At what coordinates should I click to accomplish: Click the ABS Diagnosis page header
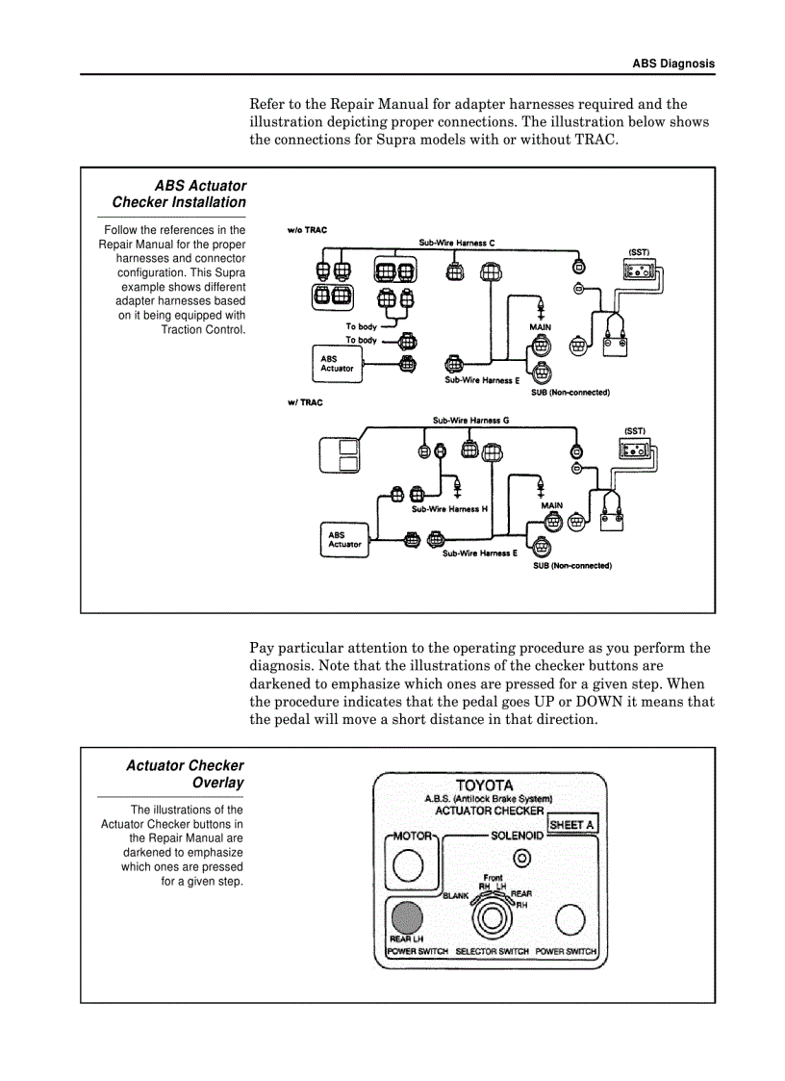click(x=672, y=64)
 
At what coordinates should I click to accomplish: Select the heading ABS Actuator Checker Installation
click(x=179, y=193)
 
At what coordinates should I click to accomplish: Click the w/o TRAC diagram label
click(x=305, y=231)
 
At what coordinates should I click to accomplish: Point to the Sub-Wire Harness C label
click(x=457, y=244)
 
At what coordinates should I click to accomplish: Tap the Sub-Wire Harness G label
click(x=470, y=421)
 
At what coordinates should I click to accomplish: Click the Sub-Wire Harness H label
click(x=449, y=508)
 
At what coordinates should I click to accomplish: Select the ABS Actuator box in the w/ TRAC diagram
click(x=344, y=540)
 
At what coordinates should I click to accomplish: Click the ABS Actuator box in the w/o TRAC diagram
click(x=337, y=364)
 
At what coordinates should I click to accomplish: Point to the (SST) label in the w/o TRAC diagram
click(x=639, y=252)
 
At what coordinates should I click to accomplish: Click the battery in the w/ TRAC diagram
click(x=610, y=520)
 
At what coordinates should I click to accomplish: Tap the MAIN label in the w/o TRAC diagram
click(x=540, y=327)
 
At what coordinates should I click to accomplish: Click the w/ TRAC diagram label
click(x=305, y=402)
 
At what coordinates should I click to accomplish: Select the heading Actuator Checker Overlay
click(x=185, y=774)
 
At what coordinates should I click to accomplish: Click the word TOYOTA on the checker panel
click(x=484, y=785)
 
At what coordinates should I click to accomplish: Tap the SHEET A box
click(x=571, y=825)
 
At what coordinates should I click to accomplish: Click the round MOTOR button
click(x=408, y=867)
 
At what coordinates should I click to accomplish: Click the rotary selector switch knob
click(x=492, y=919)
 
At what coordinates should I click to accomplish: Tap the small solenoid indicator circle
click(x=522, y=858)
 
